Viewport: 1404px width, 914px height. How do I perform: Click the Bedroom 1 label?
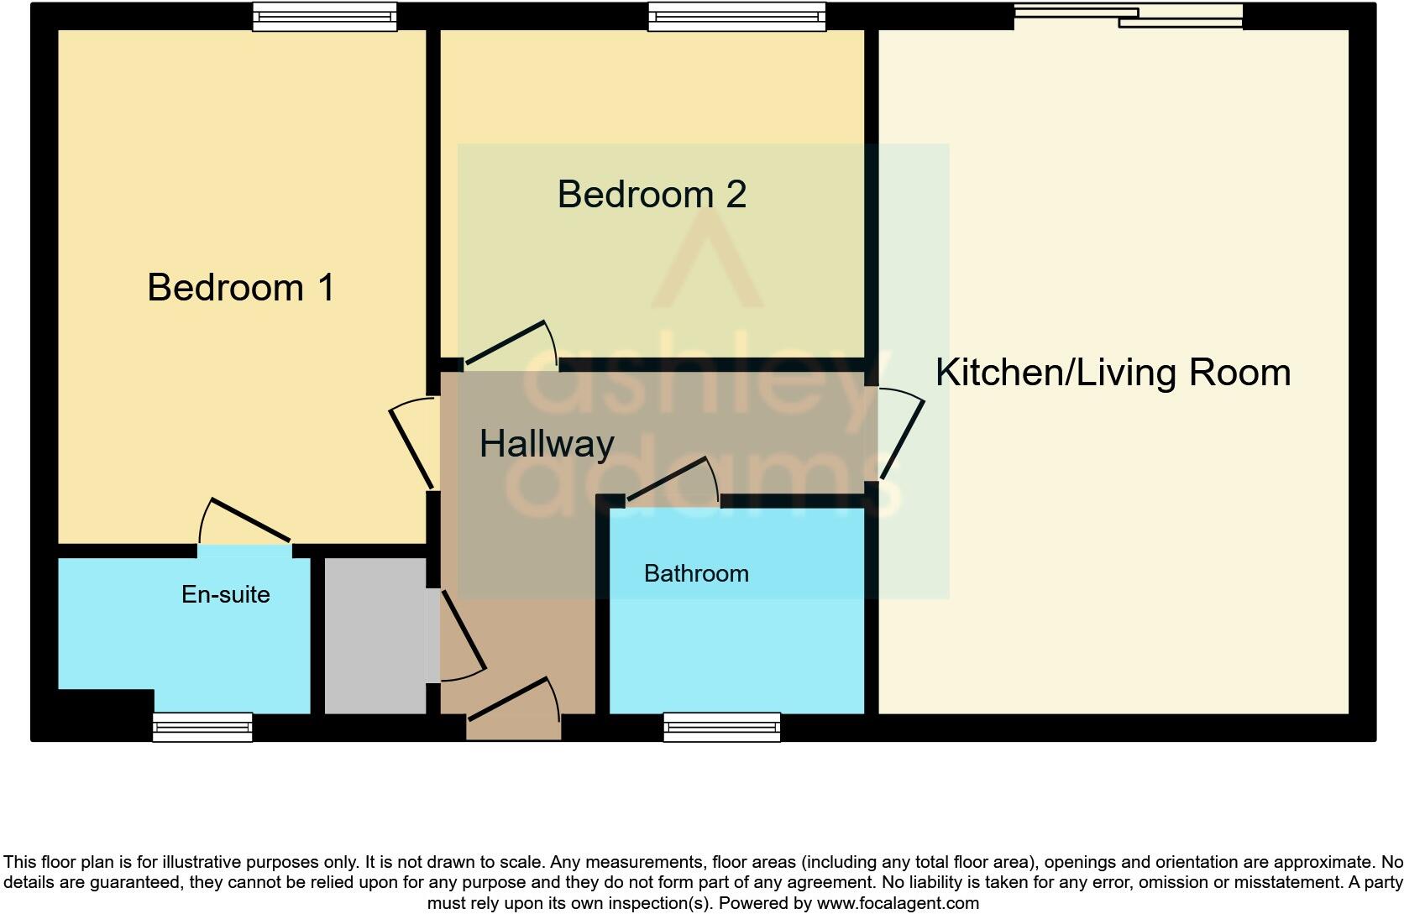pyautogui.click(x=241, y=288)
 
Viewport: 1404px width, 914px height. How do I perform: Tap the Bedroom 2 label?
pyautogui.click(x=652, y=194)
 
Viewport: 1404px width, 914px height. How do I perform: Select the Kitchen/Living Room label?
pyautogui.click(x=1113, y=373)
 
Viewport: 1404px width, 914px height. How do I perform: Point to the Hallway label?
pyautogui.click(x=547, y=444)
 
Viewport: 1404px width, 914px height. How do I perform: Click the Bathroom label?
pyautogui.click(x=696, y=574)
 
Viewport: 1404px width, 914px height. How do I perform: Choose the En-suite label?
pyautogui.click(x=226, y=594)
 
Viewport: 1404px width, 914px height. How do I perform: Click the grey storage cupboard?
pyautogui.click(x=375, y=635)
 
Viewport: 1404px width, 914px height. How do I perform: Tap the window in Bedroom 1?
pyautogui.click(x=325, y=17)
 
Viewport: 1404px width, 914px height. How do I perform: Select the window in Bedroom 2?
pyautogui.click(x=737, y=17)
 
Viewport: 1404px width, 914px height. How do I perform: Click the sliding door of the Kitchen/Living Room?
pyautogui.click(x=1129, y=16)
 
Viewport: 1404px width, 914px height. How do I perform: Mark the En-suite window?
pyautogui.click(x=202, y=728)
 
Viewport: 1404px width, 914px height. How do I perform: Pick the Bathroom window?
pyautogui.click(x=722, y=728)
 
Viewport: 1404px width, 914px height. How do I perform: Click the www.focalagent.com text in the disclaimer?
pyautogui.click(x=898, y=903)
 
